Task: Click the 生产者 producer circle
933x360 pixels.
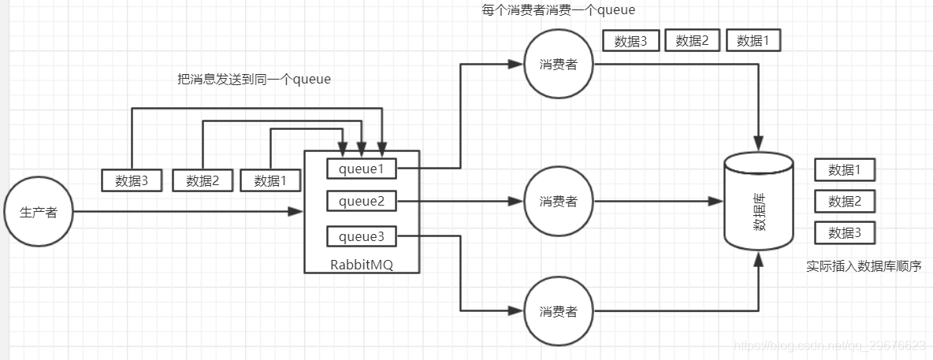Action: (39, 212)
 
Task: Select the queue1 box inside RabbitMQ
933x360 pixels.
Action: (362, 168)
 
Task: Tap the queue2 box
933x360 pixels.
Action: (362, 202)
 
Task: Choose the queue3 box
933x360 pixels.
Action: (362, 236)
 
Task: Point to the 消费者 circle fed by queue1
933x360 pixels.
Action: (559, 65)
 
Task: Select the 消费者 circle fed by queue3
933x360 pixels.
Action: (559, 311)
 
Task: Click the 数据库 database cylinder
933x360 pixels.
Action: (758, 202)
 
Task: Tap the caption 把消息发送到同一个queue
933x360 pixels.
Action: (254, 80)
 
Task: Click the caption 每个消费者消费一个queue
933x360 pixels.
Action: (558, 10)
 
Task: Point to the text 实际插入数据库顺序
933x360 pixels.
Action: (864, 266)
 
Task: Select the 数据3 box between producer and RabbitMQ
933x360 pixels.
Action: (132, 180)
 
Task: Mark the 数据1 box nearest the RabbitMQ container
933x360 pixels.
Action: (271, 180)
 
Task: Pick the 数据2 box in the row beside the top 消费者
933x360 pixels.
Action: (693, 41)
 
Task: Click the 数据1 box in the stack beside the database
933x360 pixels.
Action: (844, 169)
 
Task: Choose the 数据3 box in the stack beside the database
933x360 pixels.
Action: (844, 233)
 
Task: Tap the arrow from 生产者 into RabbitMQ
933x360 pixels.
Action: (189, 211)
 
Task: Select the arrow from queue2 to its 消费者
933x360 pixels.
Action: (459, 202)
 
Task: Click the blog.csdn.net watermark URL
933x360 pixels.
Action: (828, 346)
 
